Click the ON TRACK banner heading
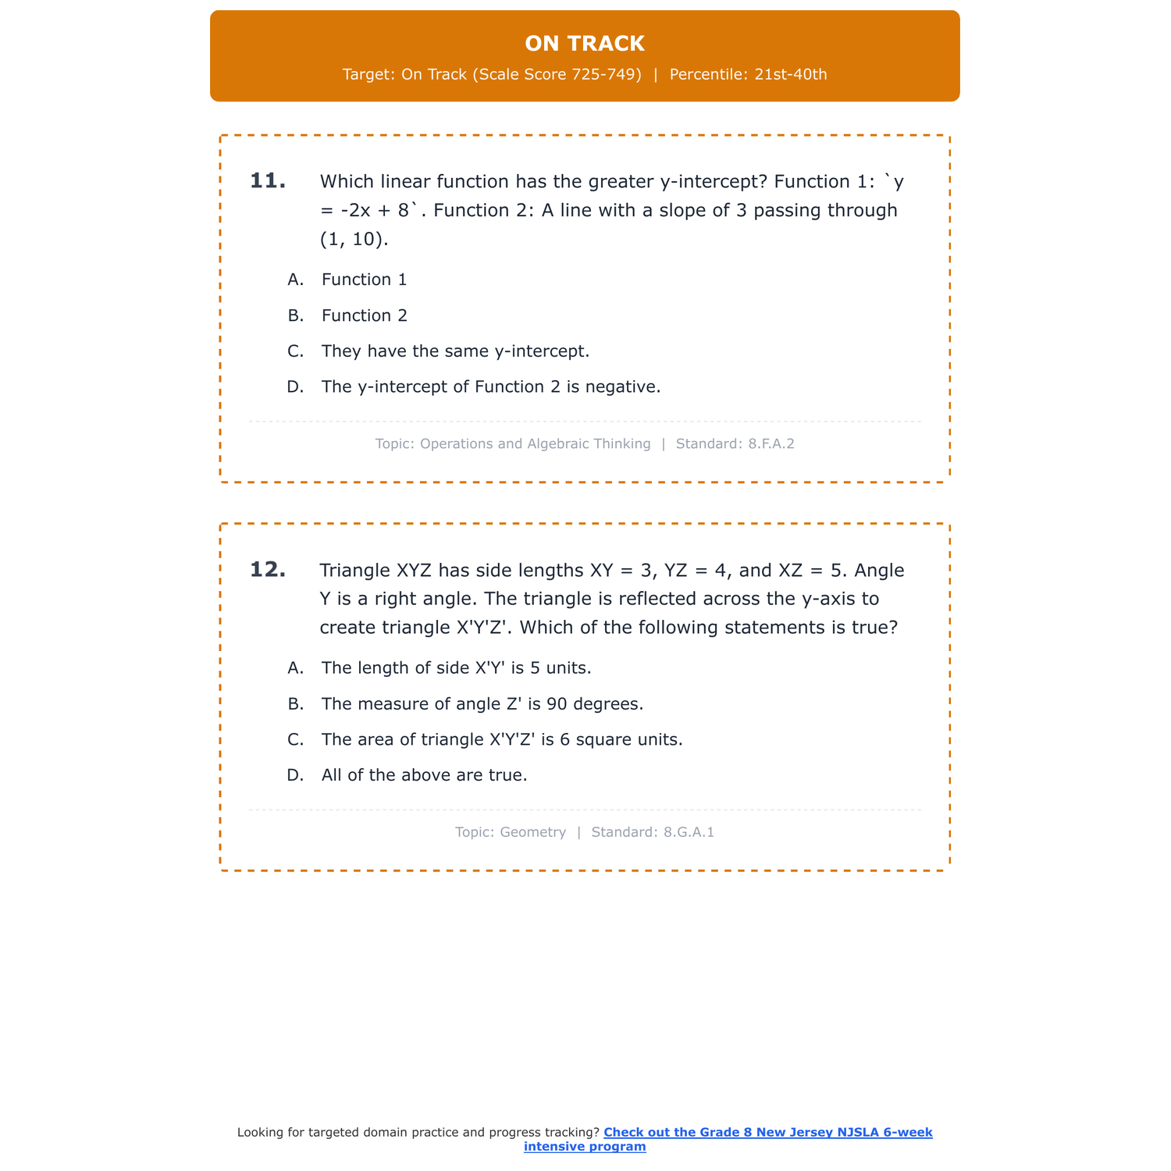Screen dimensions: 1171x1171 click(585, 44)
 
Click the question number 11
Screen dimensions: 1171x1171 click(268, 181)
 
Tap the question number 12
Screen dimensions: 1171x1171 click(268, 570)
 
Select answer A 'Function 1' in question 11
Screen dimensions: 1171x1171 click(364, 279)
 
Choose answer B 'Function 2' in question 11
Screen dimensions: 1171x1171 click(364, 315)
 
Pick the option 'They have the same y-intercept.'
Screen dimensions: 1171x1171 click(455, 351)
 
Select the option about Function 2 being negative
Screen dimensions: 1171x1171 click(490, 387)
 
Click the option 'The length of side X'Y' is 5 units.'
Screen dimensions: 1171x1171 click(456, 668)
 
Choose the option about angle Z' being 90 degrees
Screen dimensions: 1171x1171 click(482, 704)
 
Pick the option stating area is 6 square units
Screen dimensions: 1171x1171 click(501, 739)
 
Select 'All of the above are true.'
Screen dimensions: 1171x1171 click(424, 775)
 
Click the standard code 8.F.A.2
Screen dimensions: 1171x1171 click(771, 444)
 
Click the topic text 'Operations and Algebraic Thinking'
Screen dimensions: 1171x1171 click(535, 444)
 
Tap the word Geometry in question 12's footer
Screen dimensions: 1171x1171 click(532, 832)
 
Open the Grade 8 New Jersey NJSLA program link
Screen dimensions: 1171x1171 click(767, 1133)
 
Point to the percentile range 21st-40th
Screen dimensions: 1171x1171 click(791, 75)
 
